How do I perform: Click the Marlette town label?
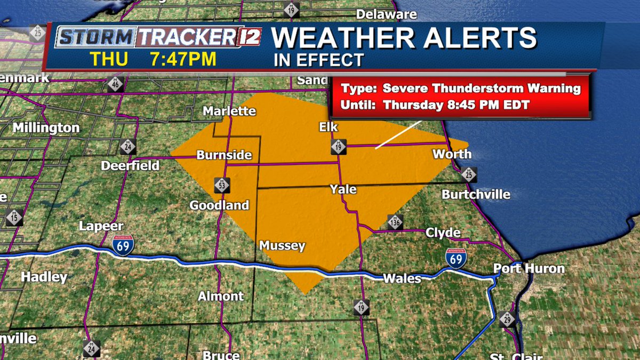click(229, 111)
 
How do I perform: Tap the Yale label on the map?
click(343, 189)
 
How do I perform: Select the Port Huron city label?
click(529, 268)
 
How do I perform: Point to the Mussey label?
click(282, 246)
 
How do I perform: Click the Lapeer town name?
click(101, 226)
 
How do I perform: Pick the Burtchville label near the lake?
click(476, 195)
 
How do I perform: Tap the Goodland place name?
click(219, 205)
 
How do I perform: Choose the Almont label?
click(221, 297)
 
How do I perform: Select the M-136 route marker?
click(395, 222)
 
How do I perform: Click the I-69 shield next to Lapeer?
click(123, 245)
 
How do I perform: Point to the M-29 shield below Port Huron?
click(507, 319)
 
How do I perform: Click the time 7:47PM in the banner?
click(183, 59)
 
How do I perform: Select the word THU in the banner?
click(108, 59)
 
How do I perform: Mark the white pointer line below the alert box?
click(398, 134)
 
